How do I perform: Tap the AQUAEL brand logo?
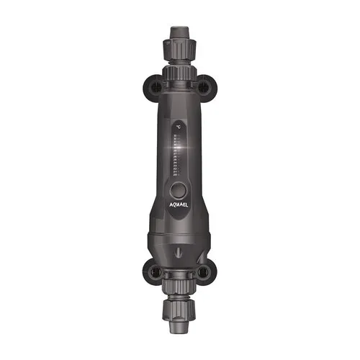coord(182,204)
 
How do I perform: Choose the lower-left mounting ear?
coord(153,272)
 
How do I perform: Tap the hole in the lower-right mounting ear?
coord(207,272)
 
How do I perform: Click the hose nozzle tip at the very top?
coord(180,30)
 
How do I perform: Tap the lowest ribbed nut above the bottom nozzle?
coord(180,311)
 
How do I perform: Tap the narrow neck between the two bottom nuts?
coord(180,297)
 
